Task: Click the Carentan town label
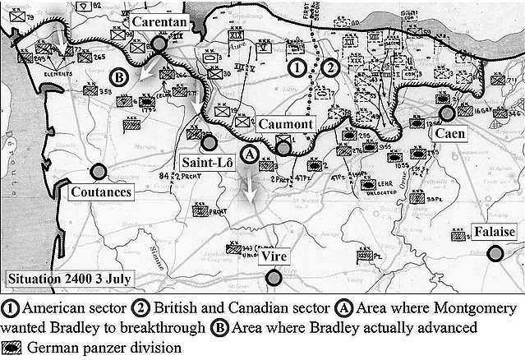pos(160,23)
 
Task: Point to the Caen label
pos(449,133)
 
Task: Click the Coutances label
pos(101,192)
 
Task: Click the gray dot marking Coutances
pos(99,172)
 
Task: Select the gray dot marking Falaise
pos(495,253)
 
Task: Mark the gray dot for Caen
pos(447,113)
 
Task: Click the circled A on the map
pos(253,153)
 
